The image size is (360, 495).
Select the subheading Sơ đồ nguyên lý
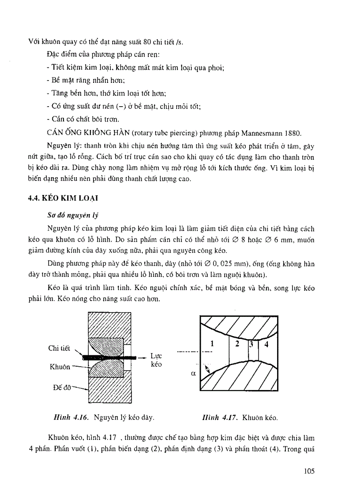pos(72,216)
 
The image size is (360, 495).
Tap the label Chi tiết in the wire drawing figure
pos(58,348)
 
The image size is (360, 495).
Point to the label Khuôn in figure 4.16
pos(60,367)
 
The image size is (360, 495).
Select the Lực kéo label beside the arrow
pos(156,360)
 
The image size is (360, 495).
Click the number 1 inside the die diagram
pos(212,345)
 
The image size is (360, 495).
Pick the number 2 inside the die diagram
pos(237,344)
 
